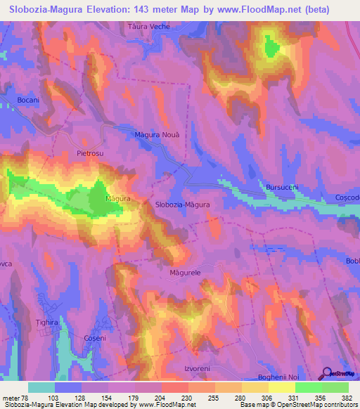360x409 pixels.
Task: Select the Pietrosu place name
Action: (x=89, y=152)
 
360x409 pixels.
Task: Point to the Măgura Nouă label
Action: (x=157, y=134)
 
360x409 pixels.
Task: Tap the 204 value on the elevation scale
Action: (x=161, y=398)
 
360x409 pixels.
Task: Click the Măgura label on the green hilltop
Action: (x=117, y=199)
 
